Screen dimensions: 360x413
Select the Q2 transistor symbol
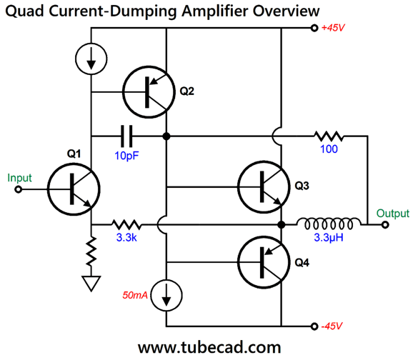click(x=149, y=91)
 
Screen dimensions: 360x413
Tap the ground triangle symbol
click(x=91, y=284)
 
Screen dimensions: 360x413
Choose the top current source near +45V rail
click(x=91, y=62)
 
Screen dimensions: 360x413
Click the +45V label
click(x=336, y=29)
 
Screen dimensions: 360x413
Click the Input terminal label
click(x=21, y=176)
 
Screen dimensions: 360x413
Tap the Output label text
click(x=392, y=213)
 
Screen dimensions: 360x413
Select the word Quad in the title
click(x=25, y=10)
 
